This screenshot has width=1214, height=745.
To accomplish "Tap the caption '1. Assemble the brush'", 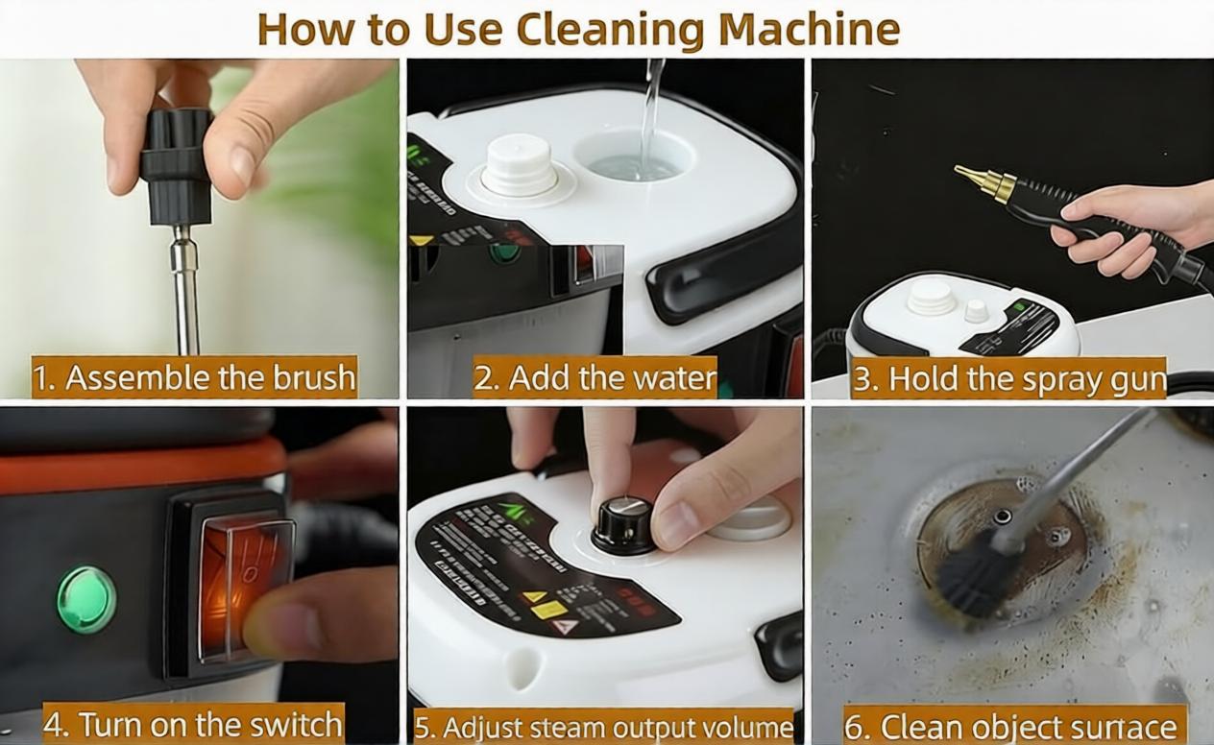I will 194,377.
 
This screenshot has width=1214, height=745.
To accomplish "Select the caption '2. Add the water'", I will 595,377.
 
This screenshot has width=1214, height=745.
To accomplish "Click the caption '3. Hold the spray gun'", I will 1008,379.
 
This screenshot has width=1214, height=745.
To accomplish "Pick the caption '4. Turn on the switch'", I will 193,724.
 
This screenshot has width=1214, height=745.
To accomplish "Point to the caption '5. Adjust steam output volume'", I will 604,727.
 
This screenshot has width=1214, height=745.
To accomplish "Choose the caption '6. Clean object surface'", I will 1011,727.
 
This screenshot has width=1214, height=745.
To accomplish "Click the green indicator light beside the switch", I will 86,599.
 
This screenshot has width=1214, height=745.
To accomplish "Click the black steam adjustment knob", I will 622,524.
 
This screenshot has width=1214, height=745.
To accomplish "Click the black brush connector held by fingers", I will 177,168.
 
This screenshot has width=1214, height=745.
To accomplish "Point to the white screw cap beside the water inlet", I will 519,165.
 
